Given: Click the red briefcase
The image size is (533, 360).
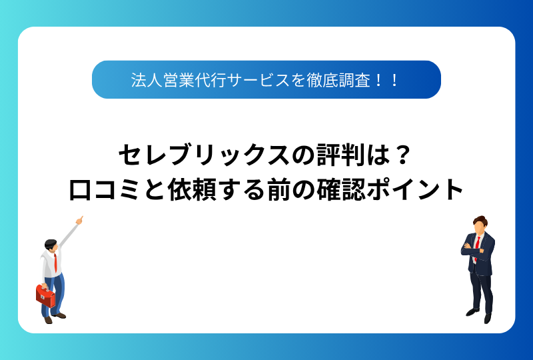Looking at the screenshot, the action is [x=45, y=296].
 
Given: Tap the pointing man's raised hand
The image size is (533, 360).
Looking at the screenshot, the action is [x=79, y=221].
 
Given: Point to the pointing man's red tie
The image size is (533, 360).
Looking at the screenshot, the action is [x=55, y=263].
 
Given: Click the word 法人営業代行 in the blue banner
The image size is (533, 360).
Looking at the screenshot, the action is [x=179, y=80].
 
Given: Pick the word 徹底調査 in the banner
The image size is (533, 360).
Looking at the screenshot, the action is [x=338, y=80].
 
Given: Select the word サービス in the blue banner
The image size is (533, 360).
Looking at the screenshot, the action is [x=258, y=80].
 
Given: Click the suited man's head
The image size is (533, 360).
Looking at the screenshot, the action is [x=479, y=225].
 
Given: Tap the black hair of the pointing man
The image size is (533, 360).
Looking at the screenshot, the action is [x=51, y=243].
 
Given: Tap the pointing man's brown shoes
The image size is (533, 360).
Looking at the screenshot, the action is [x=54, y=318].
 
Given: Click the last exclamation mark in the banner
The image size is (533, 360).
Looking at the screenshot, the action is [x=394, y=81].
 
